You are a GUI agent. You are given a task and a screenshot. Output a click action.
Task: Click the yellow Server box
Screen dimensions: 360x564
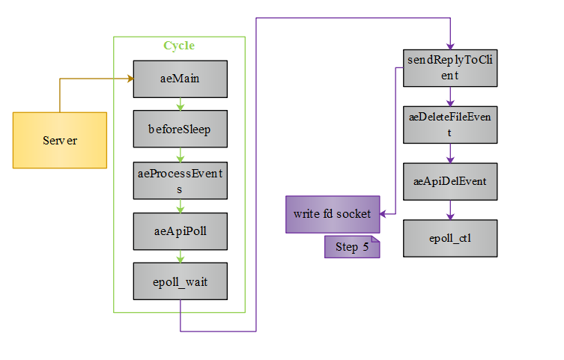click(x=60, y=140)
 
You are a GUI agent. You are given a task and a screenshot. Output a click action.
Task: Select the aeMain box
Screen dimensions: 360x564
click(x=180, y=79)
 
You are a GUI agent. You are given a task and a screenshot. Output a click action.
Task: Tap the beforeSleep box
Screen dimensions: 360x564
click(x=180, y=129)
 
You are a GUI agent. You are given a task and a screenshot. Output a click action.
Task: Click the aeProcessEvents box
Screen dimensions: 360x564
click(x=180, y=180)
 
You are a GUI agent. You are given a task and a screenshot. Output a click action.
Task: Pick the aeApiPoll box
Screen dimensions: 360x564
click(x=180, y=231)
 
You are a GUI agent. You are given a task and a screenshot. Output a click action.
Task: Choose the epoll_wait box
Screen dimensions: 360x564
click(x=180, y=281)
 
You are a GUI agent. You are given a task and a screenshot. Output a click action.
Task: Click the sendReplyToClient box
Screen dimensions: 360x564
click(x=450, y=67)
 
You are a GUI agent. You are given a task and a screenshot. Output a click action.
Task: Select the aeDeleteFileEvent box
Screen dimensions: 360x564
click(x=450, y=125)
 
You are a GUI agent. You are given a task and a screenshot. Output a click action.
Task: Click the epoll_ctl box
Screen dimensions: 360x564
click(x=450, y=239)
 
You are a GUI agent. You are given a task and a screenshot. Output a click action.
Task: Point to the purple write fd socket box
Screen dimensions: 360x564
click(x=332, y=215)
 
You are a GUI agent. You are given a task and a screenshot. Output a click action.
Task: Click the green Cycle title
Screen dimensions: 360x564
click(x=179, y=46)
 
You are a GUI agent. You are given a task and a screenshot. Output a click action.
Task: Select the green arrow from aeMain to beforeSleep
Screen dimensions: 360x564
click(x=180, y=104)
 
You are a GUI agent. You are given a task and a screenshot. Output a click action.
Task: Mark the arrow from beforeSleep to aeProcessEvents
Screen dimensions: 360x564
click(x=180, y=155)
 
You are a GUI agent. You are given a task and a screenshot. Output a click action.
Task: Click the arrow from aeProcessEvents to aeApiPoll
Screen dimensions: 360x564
click(x=180, y=206)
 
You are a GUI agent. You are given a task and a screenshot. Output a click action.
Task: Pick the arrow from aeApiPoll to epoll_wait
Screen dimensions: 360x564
click(x=180, y=256)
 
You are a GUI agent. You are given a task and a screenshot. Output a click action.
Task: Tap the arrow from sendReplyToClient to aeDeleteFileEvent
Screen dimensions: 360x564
click(x=450, y=96)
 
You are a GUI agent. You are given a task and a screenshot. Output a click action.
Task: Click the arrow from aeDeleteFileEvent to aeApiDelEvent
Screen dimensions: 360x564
click(x=450, y=153)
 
